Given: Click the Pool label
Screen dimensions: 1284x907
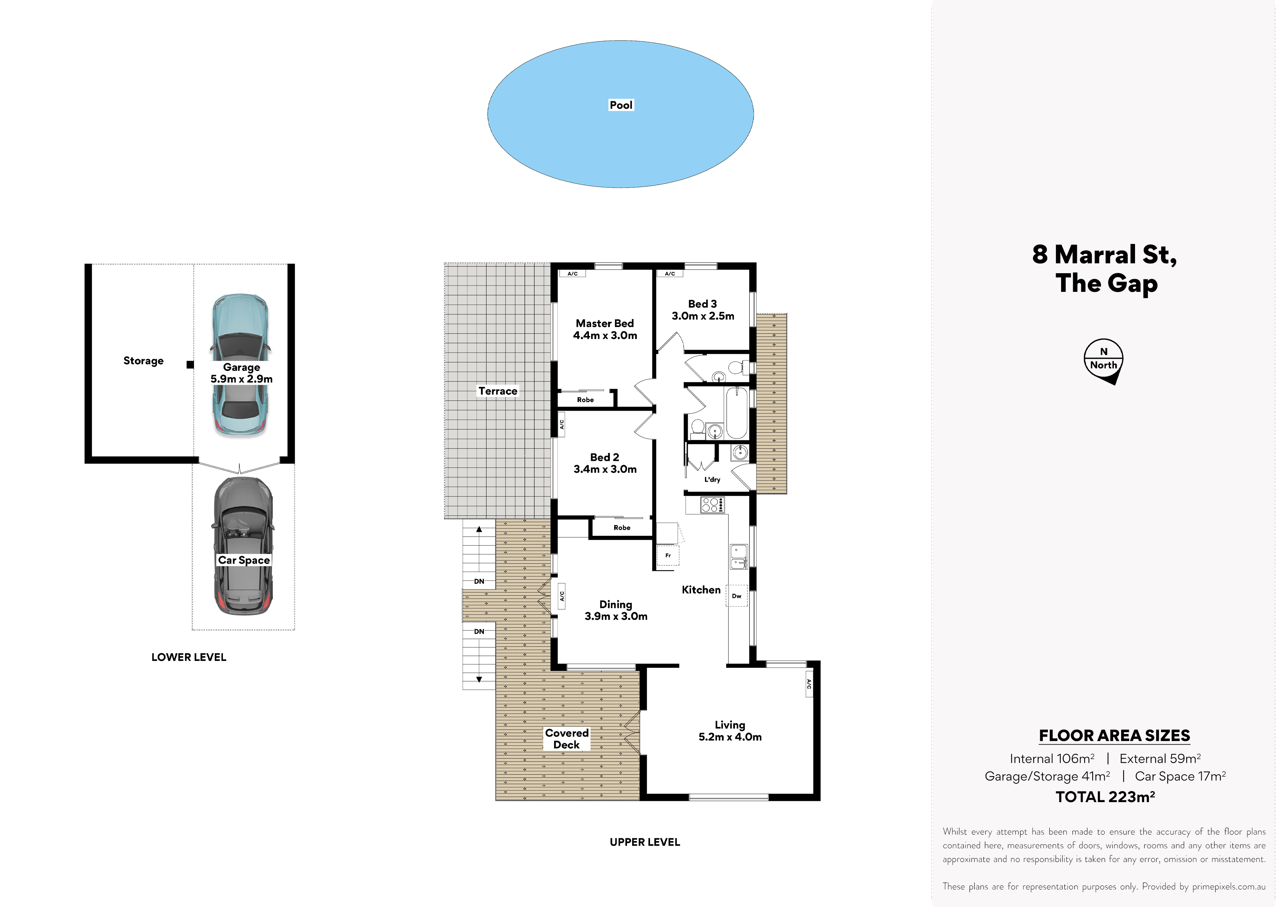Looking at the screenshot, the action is pyautogui.click(x=621, y=105).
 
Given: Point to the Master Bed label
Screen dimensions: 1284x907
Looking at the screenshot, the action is pyautogui.click(x=605, y=324).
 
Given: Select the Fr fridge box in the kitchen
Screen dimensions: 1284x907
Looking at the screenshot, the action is pyautogui.click(x=668, y=556).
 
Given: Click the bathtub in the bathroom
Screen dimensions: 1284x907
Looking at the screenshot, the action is pyautogui.click(x=736, y=414).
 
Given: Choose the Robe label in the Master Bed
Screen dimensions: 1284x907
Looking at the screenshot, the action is pyautogui.click(x=586, y=400).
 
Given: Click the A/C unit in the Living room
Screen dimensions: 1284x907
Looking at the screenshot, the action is pyautogui.click(x=809, y=684).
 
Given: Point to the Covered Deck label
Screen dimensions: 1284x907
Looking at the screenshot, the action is pyautogui.click(x=567, y=739).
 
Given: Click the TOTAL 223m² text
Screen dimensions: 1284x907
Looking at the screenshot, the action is pyautogui.click(x=1105, y=797).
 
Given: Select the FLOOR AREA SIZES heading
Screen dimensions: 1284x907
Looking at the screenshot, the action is pyautogui.click(x=1114, y=735).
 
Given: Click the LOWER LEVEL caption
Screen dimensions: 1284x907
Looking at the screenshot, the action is pyautogui.click(x=189, y=657).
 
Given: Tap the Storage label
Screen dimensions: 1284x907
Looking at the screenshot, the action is pyautogui.click(x=144, y=361).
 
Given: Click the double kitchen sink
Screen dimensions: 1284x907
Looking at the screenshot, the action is pyautogui.click(x=738, y=557).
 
